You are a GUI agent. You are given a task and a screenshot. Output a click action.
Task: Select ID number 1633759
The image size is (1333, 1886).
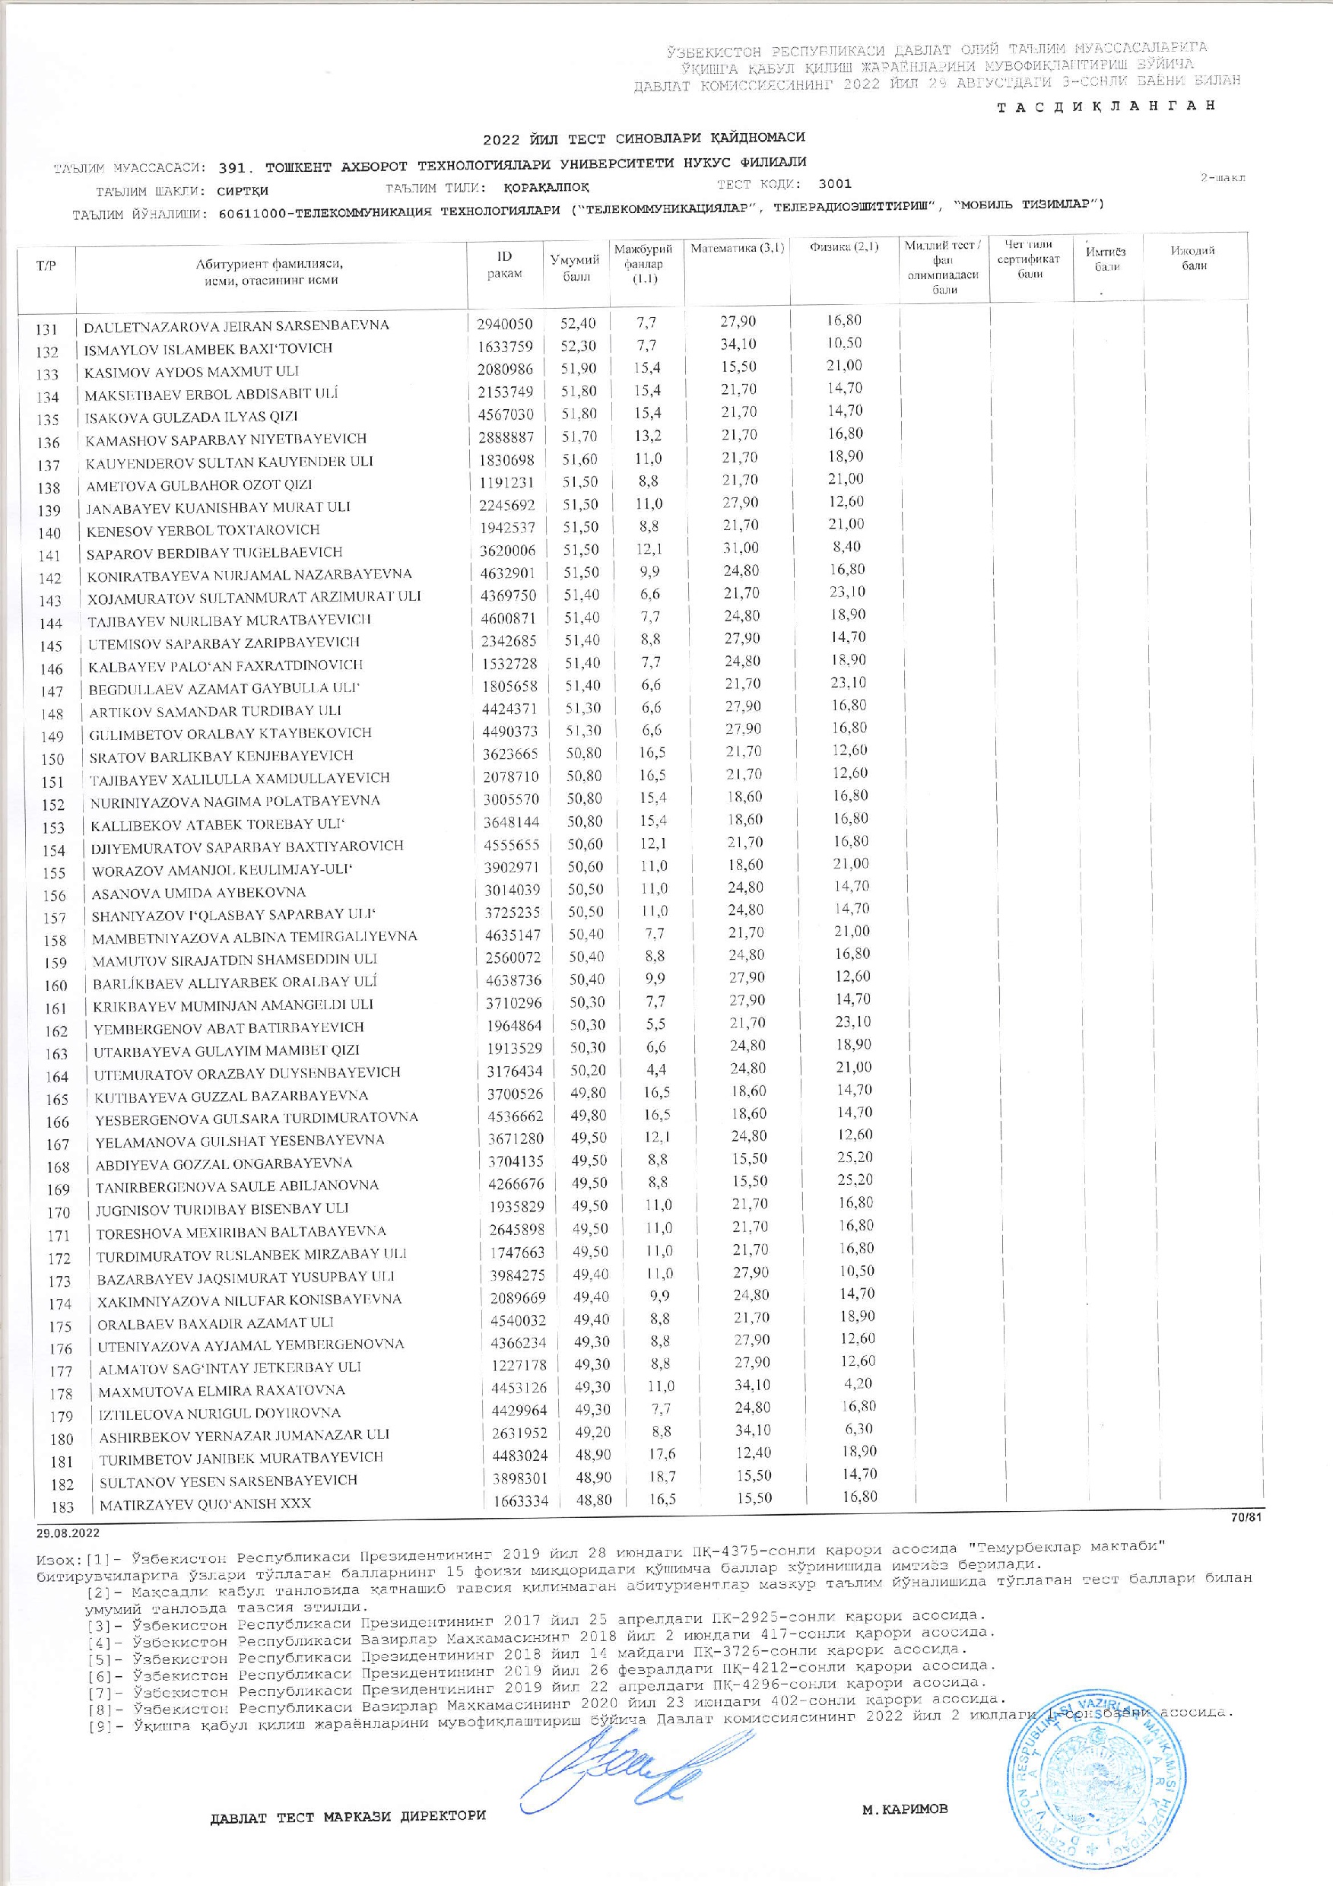504,346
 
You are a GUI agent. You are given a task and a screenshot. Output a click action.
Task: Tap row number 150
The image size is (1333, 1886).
52,759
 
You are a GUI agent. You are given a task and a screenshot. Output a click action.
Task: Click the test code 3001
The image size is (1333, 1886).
834,184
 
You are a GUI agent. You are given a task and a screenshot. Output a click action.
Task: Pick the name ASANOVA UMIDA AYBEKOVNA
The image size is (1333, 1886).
198,892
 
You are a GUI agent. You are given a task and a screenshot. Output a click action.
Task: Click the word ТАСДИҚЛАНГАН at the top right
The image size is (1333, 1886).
1105,106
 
